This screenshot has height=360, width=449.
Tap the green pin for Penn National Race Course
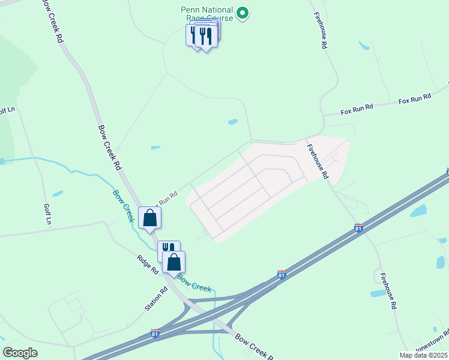click(242, 13)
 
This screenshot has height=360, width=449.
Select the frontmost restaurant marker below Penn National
click(206, 37)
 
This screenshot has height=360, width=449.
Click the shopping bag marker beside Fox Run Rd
click(149, 218)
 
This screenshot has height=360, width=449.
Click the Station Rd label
click(156, 299)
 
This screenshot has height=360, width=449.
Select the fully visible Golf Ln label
click(47, 214)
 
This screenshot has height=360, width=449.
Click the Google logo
click(20, 353)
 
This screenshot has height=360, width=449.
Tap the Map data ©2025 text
click(423, 355)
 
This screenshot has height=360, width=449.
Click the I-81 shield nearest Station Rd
click(155, 334)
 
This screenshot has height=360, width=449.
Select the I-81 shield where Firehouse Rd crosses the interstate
click(358, 228)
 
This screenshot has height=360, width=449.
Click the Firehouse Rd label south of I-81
click(387, 290)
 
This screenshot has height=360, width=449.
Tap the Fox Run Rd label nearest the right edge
click(415, 99)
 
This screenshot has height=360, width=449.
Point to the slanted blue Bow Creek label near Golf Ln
click(123, 206)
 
